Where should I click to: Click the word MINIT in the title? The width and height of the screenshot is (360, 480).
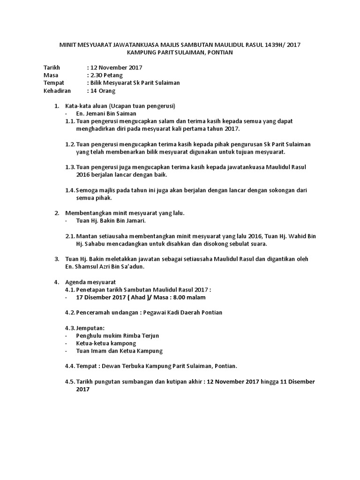coord(68,45)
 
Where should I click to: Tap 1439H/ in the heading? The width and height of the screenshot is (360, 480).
coord(272,45)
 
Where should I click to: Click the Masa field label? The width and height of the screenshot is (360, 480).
coord(50,75)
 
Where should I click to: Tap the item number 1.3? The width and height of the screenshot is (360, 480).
coord(70,167)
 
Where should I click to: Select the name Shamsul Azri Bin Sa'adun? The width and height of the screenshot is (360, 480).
coord(116,267)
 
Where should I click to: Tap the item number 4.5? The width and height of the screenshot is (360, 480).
coord(70,381)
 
